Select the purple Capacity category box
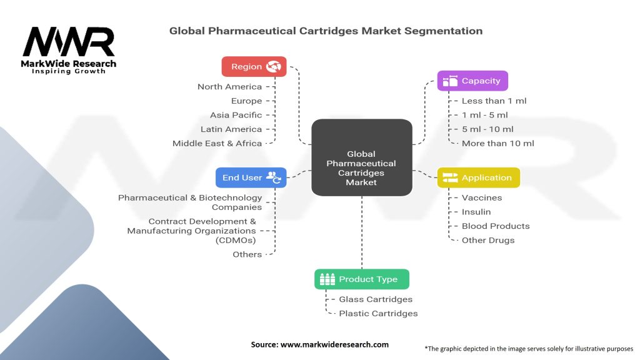pyautogui.click(x=472, y=81)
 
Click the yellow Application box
pyautogui.click(x=478, y=177)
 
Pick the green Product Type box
pyautogui.click(x=361, y=279)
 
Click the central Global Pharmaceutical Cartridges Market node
pyautogui.click(x=361, y=167)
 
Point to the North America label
pyautogui.click(x=229, y=87)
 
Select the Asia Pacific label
pyautogui.click(x=236, y=115)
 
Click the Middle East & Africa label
pyautogui.click(x=217, y=143)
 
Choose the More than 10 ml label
pyautogui.click(x=497, y=143)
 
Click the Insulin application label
pyautogui.click(x=476, y=212)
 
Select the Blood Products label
pyautogui.click(x=495, y=226)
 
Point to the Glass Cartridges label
pyautogui.click(x=376, y=299)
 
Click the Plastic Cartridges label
pyautogui.click(x=378, y=313)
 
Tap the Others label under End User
pyautogui.click(x=247, y=254)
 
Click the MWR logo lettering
pyautogui.click(x=69, y=42)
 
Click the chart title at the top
pyautogui.click(x=326, y=31)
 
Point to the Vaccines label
pyautogui.click(x=481, y=197)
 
